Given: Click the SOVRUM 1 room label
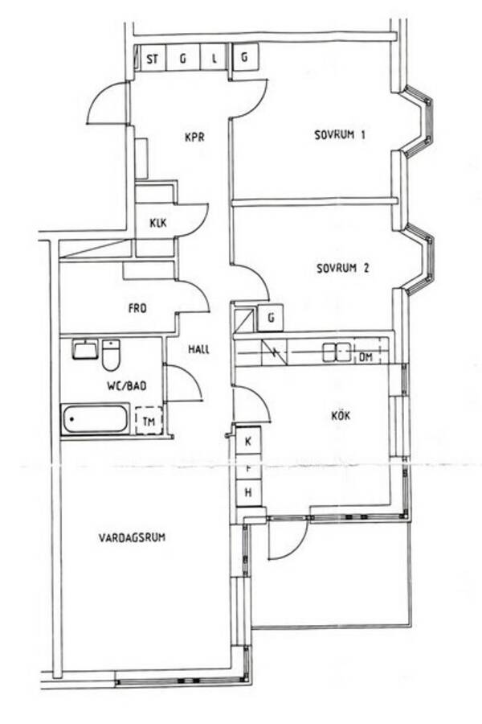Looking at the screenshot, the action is [340, 135].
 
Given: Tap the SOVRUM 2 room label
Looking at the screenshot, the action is [343, 268].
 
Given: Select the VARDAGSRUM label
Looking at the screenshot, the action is [132, 537].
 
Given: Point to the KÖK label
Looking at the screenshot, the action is [341, 415].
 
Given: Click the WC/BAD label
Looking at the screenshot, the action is [127, 385].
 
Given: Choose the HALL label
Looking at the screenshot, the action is [198, 349].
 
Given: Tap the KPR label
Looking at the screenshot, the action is [194, 137].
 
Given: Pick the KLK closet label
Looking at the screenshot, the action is [157, 223].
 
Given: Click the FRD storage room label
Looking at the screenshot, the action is [137, 308].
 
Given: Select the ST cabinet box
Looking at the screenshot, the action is [152, 59].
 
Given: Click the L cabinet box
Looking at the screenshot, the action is [214, 58].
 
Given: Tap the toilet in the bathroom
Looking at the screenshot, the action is [111, 355].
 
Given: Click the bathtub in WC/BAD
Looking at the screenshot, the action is [96, 419].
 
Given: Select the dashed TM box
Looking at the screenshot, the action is [149, 420].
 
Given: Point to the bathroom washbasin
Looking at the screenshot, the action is [85, 349].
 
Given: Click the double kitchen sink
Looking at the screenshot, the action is [337, 352].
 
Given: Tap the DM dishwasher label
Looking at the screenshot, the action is [366, 357].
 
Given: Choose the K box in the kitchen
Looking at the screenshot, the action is [248, 442].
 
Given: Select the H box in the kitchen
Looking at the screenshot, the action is [248, 492].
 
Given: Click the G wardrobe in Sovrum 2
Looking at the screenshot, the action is [271, 318].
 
